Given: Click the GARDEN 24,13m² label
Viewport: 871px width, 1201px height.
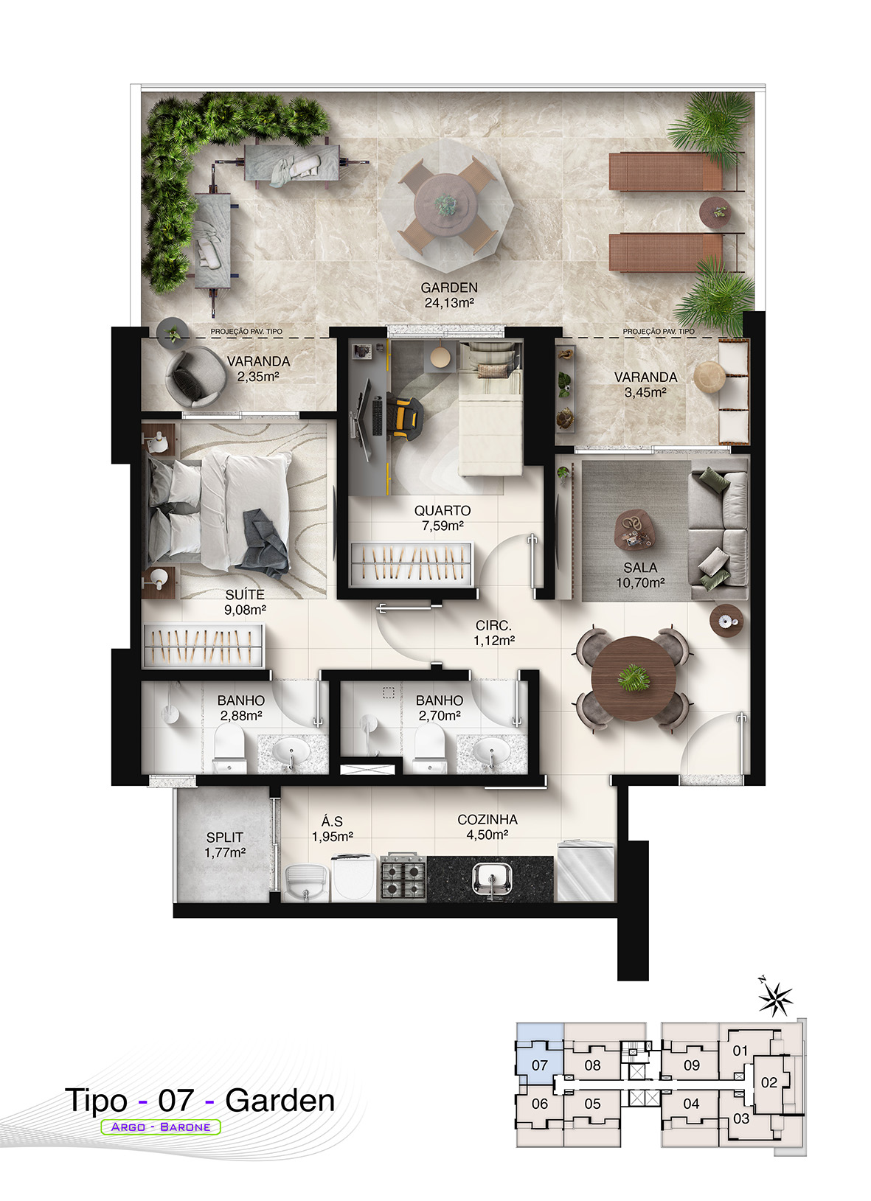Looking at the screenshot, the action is point(449,296).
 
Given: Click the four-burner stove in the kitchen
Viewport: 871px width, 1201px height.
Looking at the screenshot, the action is point(403,877).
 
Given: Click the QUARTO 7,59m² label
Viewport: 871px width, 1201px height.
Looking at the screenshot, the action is point(443,518).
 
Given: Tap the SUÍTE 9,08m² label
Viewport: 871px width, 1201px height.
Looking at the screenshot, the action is point(245,602).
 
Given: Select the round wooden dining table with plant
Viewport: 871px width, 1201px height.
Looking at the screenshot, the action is point(634,679).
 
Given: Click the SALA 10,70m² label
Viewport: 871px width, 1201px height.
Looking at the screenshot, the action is point(640,575).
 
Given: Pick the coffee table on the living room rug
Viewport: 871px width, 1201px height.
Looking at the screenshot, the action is point(636,529).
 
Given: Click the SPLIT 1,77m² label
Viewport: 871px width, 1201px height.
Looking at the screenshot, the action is point(225,844).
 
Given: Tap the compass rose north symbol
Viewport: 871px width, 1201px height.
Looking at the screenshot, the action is point(774,998).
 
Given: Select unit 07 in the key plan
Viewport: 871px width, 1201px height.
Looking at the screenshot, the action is point(540,1065).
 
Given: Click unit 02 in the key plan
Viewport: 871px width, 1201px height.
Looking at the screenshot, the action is point(769,1082).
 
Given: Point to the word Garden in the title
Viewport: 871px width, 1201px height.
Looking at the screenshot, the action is point(280,1101).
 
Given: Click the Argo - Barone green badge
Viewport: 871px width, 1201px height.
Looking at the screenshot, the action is point(161,1127).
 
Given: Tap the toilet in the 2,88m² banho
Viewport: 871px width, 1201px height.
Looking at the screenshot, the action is point(229,748).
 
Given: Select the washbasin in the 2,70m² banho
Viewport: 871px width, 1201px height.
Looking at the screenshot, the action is point(490,750).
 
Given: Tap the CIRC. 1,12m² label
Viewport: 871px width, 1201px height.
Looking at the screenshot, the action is point(494,633).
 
